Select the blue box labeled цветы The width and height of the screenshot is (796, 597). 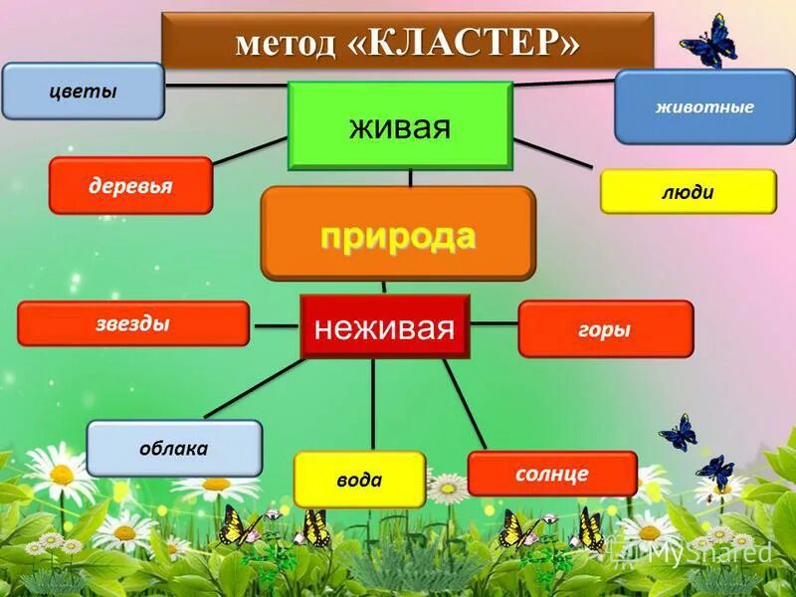[84, 92]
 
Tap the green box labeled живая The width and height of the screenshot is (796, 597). [400, 126]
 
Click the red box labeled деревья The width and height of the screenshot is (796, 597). [130, 185]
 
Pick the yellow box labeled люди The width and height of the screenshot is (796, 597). [688, 191]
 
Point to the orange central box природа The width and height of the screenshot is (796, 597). [398, 235]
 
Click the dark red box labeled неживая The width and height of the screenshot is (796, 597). [384, 326]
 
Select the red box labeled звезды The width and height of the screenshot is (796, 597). [133, 324]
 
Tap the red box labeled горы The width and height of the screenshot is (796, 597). [605, 329]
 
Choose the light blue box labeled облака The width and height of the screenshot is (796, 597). [174, 448]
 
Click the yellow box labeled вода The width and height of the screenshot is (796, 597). [359, 480]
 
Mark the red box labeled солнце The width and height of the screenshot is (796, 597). [552, 474]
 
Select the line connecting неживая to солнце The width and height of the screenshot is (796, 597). [465, 403]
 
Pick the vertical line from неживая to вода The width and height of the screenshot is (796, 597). [373, 403]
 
